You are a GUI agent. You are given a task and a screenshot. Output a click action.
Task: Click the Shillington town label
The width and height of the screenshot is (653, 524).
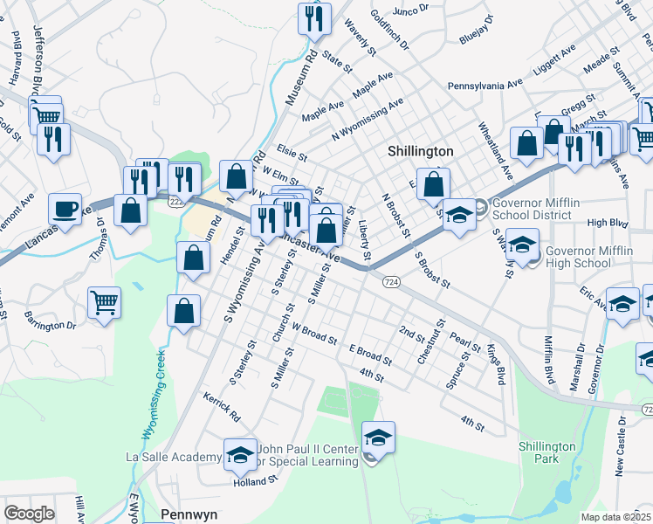420,151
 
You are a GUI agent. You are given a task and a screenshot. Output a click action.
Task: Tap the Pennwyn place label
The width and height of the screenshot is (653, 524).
189,514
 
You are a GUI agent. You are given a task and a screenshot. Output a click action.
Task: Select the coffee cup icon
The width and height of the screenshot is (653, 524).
65,209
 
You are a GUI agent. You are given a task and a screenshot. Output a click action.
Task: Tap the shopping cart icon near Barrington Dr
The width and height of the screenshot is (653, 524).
104,302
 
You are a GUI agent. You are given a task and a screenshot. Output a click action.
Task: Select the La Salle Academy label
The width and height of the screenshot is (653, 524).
173,457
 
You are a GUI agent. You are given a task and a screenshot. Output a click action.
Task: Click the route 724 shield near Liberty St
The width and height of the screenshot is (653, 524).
390,281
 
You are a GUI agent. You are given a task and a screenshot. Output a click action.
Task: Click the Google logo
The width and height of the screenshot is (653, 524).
29,514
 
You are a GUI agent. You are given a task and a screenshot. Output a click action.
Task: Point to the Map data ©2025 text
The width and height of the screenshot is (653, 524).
615,517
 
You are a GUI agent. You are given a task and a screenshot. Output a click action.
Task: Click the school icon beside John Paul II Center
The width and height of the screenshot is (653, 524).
378,437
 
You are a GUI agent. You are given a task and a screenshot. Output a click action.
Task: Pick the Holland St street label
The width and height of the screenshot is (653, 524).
255,480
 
